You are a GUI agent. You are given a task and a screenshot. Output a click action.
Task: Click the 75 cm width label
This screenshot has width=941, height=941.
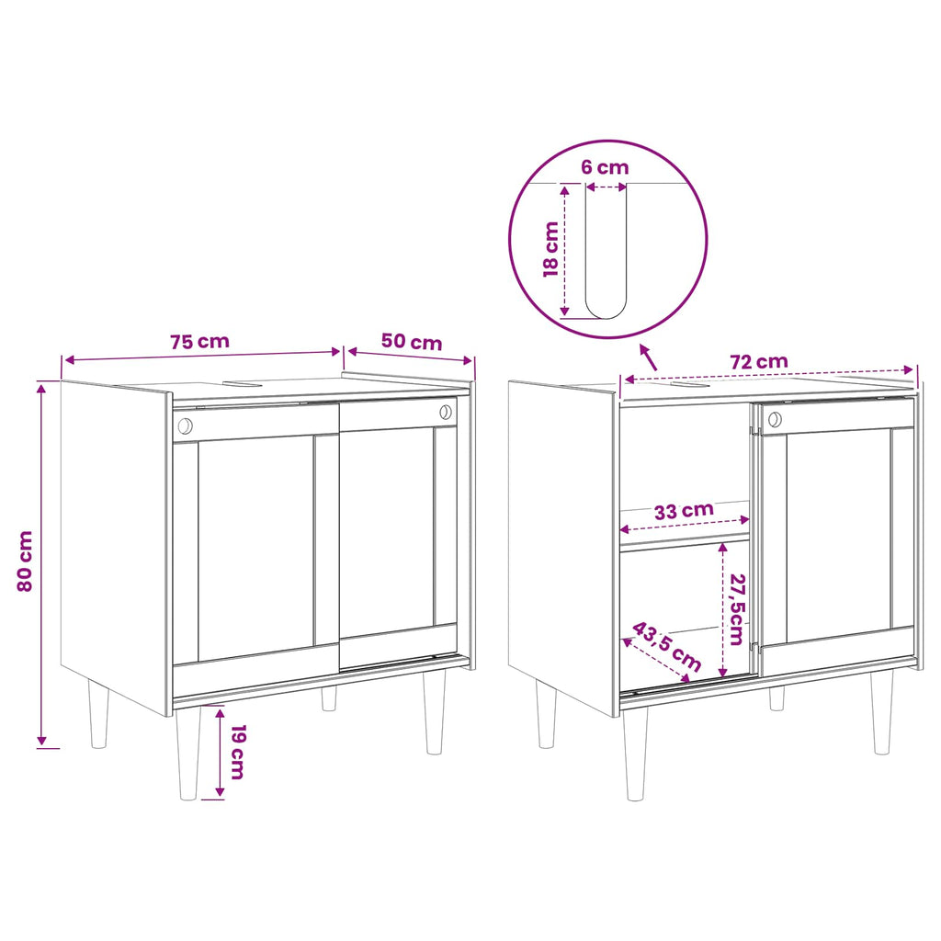pyautogui.click(x=199, y=342)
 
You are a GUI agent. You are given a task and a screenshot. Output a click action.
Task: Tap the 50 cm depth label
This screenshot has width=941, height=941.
pyautogui.click(x=412, y=342)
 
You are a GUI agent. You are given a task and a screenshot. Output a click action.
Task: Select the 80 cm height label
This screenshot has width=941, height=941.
pyautogui.click(x=25, y=561)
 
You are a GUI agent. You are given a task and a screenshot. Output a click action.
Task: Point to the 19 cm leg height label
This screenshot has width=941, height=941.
pyautogui.click(x=237, y=752)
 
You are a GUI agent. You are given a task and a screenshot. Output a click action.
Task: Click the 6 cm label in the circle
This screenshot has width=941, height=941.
pyautogui.click(x=605, y=167)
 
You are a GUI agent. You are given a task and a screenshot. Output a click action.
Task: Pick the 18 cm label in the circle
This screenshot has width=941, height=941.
pyautogui.click(x=551, y=249)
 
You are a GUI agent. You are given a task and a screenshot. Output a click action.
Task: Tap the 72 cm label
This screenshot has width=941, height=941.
pyautogui.click(x=759, y=362)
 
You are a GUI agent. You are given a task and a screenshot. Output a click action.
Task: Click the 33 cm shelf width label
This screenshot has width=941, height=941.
pyautogui.click(x=684, y=511)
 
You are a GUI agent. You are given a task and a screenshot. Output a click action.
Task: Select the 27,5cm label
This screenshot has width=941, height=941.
pyautogui.click(x=737, y=609)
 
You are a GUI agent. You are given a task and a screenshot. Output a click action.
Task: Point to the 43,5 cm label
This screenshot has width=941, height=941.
pyautogui.click(x=667, y=647)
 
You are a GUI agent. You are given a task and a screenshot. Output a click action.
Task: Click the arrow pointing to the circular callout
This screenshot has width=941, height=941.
pyautogui.click(x=648, y=357)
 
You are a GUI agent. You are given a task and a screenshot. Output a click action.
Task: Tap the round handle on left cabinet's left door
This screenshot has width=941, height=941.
pyautogui.click(x=186, y=426)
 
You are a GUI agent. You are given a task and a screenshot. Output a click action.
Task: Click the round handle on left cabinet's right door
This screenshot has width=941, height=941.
pyautogui.click(x=446, y=412)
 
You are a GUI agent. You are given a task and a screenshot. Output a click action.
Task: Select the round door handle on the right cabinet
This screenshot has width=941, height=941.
pyautogui.click(x=775, y=419)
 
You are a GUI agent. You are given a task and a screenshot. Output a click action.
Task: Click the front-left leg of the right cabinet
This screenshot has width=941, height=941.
pyautogui.click(x=636, y=754)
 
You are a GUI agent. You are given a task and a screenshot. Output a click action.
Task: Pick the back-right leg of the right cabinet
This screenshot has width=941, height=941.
pyautogui.click(x=777, y=698)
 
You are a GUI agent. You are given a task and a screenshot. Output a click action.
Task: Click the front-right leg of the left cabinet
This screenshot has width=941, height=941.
pyautogui.click(x=435, y=712)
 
